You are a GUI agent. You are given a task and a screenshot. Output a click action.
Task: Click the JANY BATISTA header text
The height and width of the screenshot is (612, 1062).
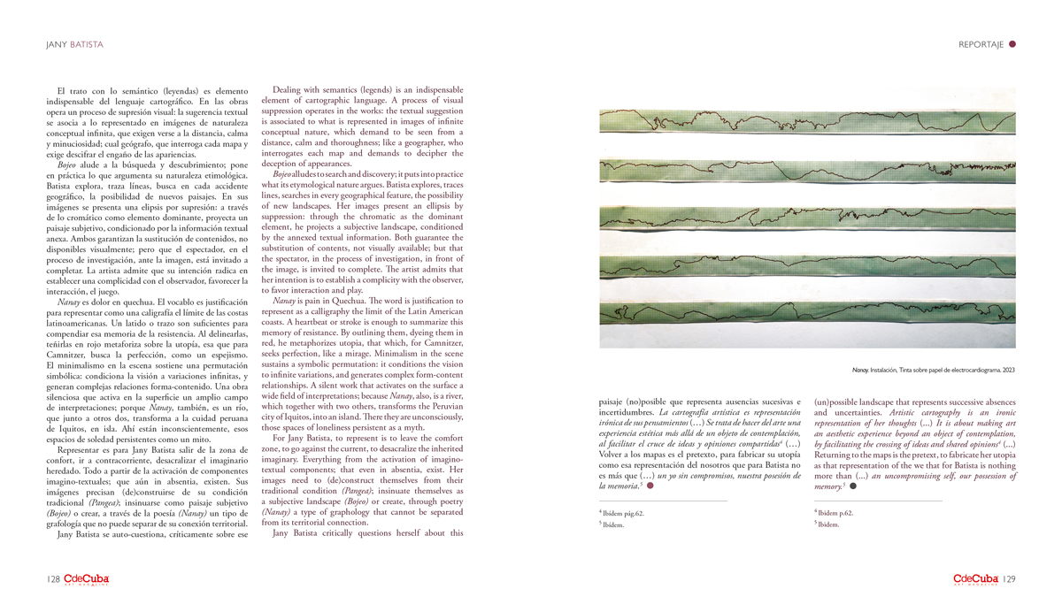pyautogui.click(x=74, y=43)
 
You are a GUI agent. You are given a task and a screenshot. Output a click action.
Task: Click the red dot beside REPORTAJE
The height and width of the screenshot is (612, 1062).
pyautogui.click(x=1012, y=43)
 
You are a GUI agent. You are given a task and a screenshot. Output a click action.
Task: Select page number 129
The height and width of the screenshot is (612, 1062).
pyautogui.click(x=1010, y=579)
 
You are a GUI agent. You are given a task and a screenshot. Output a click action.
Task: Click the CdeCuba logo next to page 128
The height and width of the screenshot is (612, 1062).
pyautogui.click(x=86, y=579)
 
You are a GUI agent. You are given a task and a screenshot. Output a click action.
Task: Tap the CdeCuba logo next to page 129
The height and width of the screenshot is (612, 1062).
pyautogui.click(x=976, y=579)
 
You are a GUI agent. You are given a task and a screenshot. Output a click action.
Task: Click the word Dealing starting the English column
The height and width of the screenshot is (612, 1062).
pyautogui.click(x=288, y=90)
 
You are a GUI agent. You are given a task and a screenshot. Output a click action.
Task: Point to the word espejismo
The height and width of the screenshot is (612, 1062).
pyautogui.click(x=225, y=354)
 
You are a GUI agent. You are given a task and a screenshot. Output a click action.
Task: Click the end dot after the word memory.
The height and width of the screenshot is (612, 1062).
pyautogui.click(x=853, y=486)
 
